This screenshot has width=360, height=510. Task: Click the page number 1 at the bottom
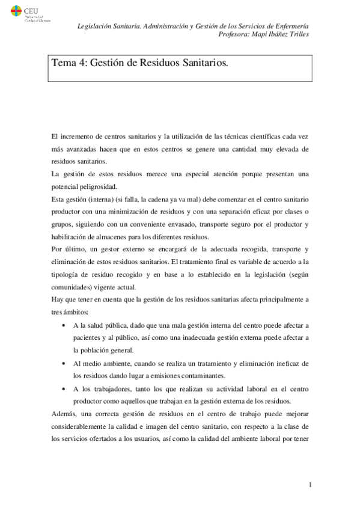pos(309,485)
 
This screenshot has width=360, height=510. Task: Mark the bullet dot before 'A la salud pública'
pos(64,325)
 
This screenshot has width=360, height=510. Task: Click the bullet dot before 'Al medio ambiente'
pos(64,364)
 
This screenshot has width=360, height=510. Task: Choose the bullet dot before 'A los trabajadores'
pos(64,389)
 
